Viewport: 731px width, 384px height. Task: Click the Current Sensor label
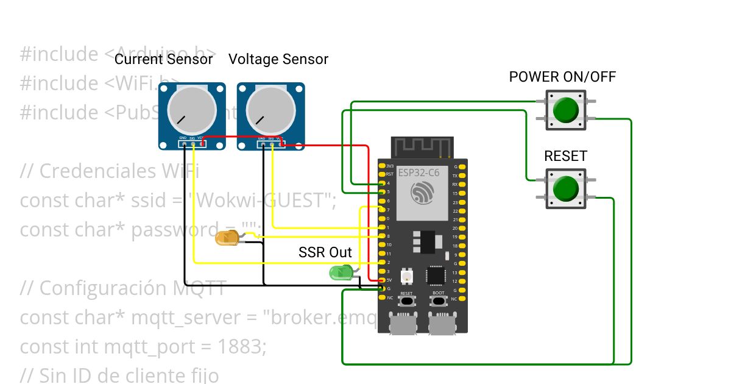point(164,59)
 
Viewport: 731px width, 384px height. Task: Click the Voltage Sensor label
point(278,59)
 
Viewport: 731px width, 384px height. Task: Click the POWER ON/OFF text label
point(562,77)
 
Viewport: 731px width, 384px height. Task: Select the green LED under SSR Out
point(339,272)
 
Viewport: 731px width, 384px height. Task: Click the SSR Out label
point(325,252)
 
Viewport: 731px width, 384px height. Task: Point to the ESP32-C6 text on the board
point(418,172)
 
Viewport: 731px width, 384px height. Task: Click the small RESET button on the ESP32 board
point(406,301)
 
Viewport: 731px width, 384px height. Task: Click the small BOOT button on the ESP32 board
point(439,301)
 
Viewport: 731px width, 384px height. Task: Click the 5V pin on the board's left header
point(382,280)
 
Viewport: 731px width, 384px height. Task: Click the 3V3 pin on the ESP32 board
point(382,166)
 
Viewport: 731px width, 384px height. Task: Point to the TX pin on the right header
point(463,175)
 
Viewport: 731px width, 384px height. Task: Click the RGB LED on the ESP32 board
point(406,277)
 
